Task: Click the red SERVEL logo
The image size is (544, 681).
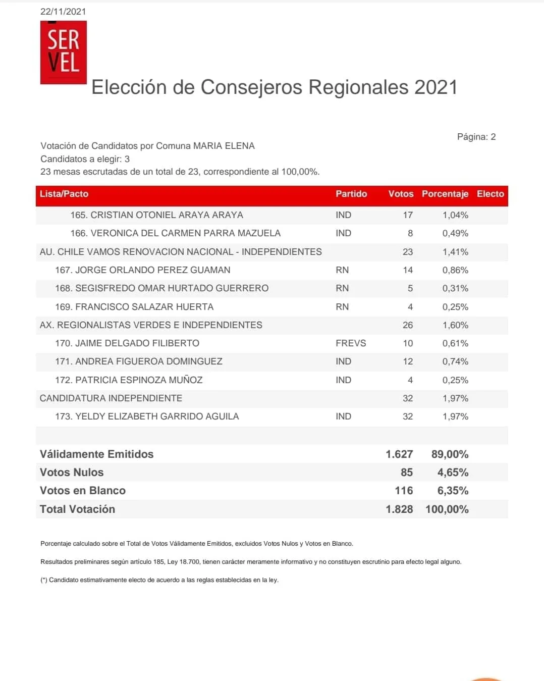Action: coord(64,53)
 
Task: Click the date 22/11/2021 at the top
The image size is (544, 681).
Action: coord(63,12)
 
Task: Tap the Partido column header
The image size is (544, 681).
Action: coord(351,194)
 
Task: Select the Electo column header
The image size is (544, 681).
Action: coord(490,194)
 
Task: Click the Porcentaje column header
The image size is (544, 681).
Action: coord(445,194)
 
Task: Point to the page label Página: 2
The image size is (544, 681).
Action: coord(476,137)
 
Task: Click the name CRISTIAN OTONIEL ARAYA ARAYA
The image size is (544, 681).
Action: coord(156,215)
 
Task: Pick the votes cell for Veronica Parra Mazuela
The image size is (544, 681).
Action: coord(410,233)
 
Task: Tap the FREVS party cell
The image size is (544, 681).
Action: coord(351,343)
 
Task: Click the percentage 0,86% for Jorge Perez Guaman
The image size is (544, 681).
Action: coord(455,270)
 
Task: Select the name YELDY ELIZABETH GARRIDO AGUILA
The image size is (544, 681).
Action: coord(147,416)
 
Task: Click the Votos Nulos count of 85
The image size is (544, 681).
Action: coord(406,473)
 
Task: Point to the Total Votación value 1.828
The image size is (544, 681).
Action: coord(399,509)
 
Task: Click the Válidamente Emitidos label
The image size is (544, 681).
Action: coord(96,454)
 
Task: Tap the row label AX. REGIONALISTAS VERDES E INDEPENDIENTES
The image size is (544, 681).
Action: coord(151,325)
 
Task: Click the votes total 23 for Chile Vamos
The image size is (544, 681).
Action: coord(408,252)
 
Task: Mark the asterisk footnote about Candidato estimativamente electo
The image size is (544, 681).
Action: coord(159,580)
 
